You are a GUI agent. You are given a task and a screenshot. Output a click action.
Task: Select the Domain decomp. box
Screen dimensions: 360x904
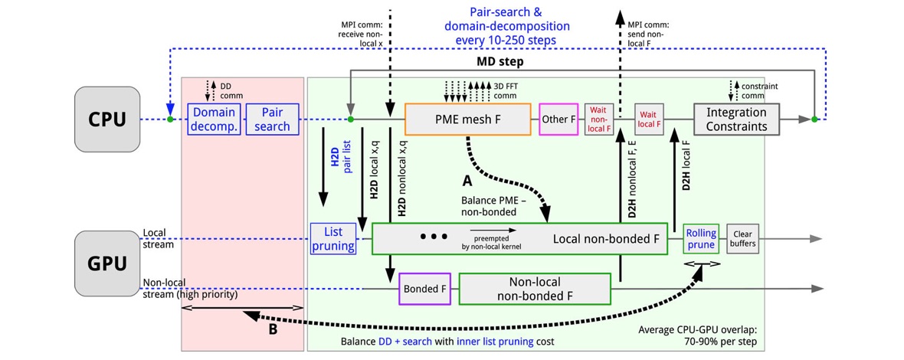[214, 119]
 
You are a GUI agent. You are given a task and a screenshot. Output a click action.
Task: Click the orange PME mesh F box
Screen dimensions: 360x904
[467, 119]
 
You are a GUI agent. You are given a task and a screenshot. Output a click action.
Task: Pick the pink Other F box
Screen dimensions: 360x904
[558, 119]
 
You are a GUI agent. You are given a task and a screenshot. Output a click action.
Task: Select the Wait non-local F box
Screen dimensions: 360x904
[599, 119]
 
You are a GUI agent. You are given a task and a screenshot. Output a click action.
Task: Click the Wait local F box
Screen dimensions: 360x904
[647, 119]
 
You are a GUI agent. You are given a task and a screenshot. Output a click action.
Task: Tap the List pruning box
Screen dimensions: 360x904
[333, 239]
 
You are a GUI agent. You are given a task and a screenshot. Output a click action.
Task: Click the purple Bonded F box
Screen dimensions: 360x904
[420, 290]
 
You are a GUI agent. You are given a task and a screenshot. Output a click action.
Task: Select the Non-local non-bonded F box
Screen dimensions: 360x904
[534, 290]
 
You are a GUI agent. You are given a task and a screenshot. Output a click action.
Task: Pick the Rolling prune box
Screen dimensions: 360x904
[700, 238]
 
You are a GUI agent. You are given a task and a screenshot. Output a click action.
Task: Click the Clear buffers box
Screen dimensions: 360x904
[742, 238]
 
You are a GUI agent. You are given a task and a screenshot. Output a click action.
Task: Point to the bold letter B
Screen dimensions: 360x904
[272, 331]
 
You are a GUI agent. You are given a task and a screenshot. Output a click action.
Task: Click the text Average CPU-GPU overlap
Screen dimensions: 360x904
[702, 330]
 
